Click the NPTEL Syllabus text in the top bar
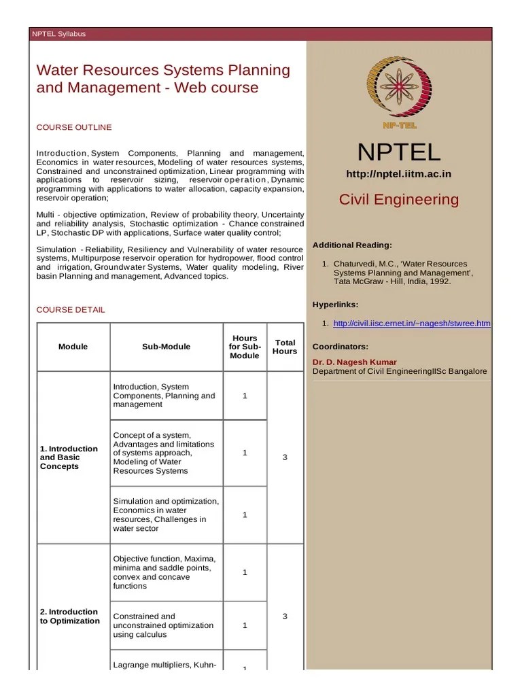pyautogui.click(x=59, y=34)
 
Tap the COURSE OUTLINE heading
pyautogui.click(x=74, y=127)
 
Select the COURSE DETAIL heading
pyautogui.click(x=71, y=310)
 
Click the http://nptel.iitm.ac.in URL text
pyautogui.click(x=398, y=174)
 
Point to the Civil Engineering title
pyautogui.click(x=398, y=200)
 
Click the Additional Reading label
pyautogui.click(x=351, y=245)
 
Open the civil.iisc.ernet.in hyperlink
pyautogui.click(x=411, y=324)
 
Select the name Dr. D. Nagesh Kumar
pyautogui.click(x=354, y=362)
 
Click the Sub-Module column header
pyautogui.click(x=166, y=347)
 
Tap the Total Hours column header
pyautogui.click(x=285, y=347)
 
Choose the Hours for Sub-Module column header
pyautogui.click(x=245, y=347)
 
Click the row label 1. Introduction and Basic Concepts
pyautogui.click(x=69, y=457)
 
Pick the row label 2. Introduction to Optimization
pyautogui.click(x=69, y=616)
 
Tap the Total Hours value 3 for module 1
pyautogui.click(x=285, y=457)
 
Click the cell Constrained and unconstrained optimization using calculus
pyautogui.click(x=163, y=625)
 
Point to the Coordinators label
pyautogui.click(x=340, y=346)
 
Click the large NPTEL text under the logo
pyautogui.click(x=399, y=152)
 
